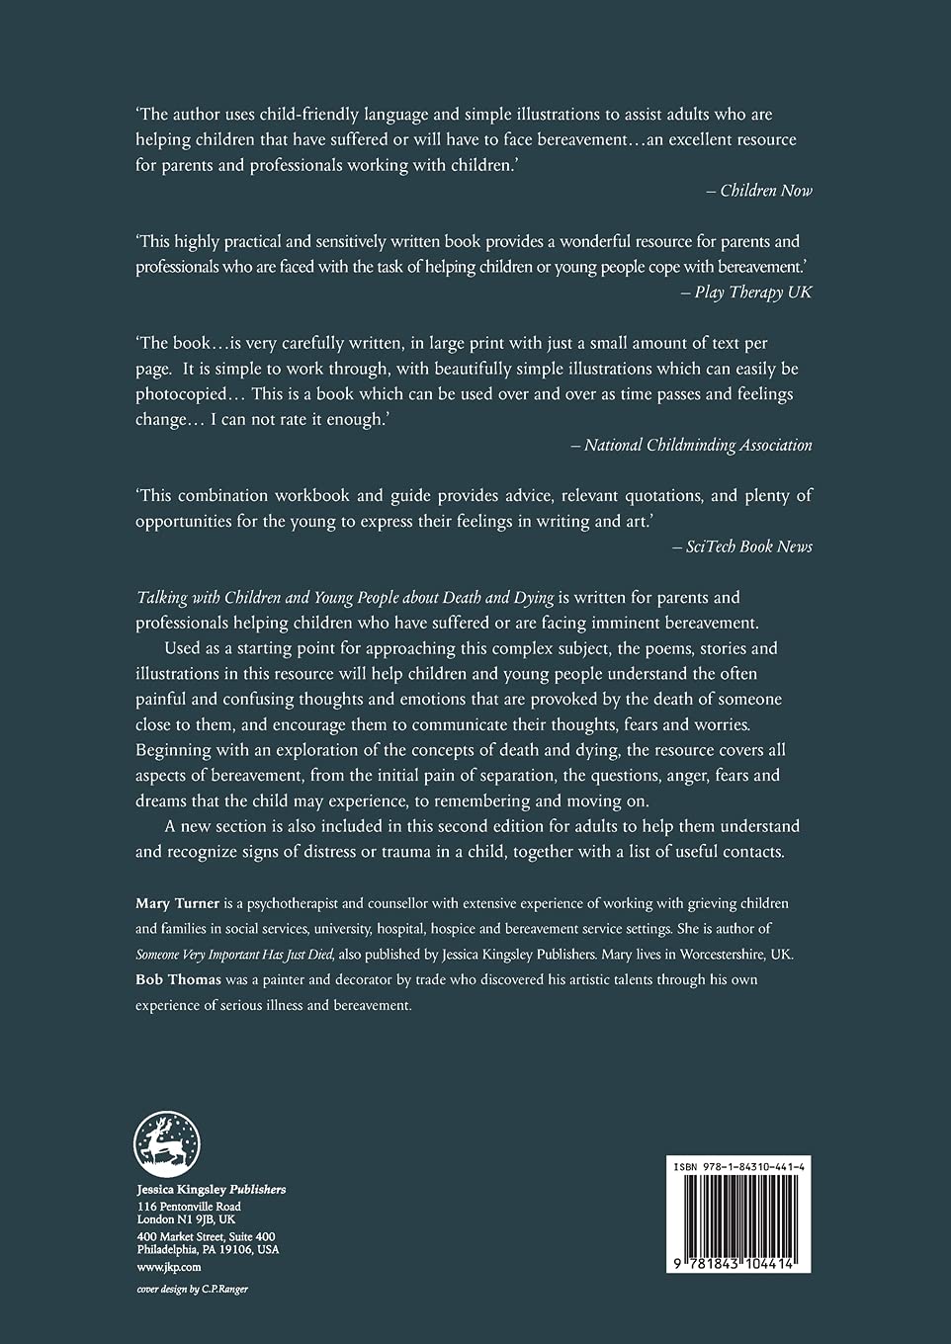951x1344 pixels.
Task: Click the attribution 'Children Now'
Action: click(765, 191)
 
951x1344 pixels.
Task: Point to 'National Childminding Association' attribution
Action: click(697, 445)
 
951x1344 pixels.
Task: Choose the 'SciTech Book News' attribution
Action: click(748, 546)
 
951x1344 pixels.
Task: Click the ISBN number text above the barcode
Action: click(738, 1167)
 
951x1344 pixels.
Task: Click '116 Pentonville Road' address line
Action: click(189, 1207)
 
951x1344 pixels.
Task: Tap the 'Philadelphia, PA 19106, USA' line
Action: click(208, 1250)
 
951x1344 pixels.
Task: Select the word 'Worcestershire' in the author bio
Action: click(716, 954)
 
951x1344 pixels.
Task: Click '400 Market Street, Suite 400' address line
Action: click(206, 1237)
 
